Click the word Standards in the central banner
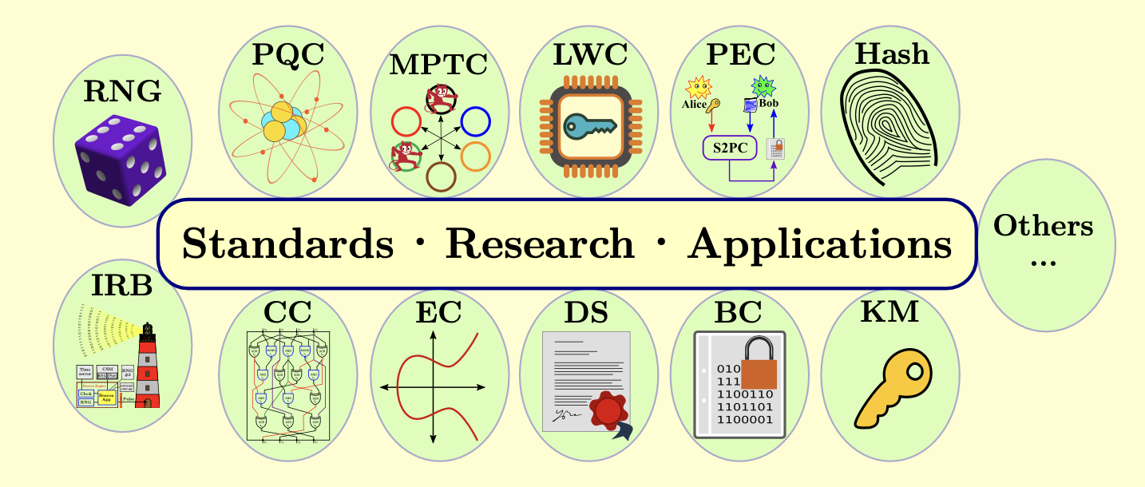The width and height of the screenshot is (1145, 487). pyautogui.click(x=288, y=243)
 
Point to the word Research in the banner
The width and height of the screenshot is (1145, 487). pyautogui.click(x=540, y=243)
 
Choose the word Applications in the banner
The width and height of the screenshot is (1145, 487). pyautogui.click(x=820, y=243)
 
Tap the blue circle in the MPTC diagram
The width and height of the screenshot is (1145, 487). pyautogui.click(x=475, y=121)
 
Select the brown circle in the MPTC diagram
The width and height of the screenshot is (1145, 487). pyautogui.click(x=441, y=176)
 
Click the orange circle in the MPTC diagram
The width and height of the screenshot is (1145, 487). pyautogui.click(x=475, y=156)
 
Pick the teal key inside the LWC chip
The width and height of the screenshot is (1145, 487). pyautogui.click(x=589, y=125)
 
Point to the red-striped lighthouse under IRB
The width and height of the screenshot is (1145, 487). pyautogui.click(x=147, y=367)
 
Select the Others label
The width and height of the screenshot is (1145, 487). pyautogui.click(x=1043, y=226)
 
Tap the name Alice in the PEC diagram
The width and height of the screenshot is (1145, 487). pyautogui.click(x=694, y=104)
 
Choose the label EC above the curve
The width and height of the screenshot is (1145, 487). pyautogui.click(x=438, y=312)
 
